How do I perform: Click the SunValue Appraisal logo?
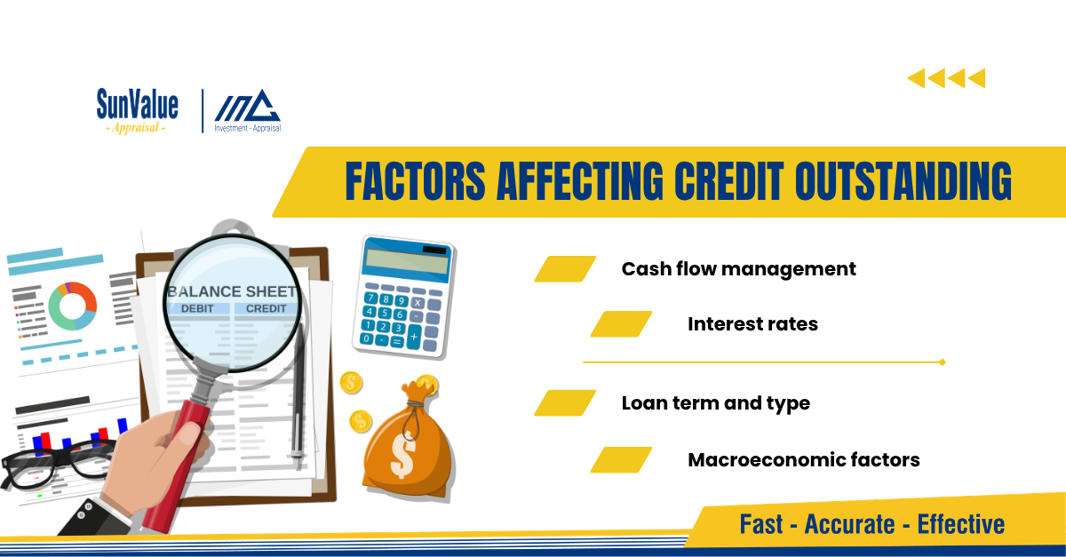[138, 111]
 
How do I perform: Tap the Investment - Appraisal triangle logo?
[248, 111]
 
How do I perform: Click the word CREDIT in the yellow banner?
[728, 181]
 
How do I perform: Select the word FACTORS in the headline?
[415, 181]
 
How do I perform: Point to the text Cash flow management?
[738, 269]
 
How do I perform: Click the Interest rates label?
[753, 324]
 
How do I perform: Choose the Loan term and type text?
[716, 403]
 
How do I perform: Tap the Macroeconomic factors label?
[804, 460]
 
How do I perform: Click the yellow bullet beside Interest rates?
[621, 324]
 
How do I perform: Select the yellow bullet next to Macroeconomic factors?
[621, 460]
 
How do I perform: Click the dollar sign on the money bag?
[403, 456]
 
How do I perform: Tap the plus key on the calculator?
[414, 337]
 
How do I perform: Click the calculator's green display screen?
[407, 261]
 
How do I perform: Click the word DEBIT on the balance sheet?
[197, 308]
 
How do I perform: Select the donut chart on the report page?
[72, 306]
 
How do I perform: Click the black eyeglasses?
[57, 464]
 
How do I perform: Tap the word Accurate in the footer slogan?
[849, 524]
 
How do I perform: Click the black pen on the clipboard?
[298, 395]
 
